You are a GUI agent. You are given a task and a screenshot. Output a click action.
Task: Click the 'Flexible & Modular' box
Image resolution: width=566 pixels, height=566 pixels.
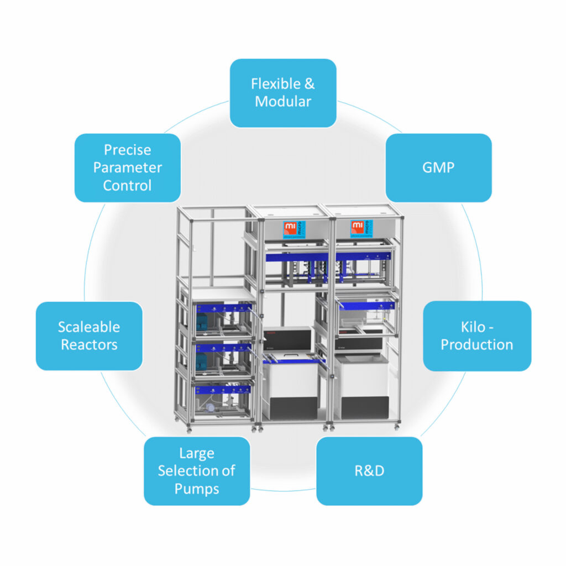(283, 93)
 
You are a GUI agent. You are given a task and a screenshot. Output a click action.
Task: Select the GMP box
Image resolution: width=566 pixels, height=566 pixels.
(438, 167)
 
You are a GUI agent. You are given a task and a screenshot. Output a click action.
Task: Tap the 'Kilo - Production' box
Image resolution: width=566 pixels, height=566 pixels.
(477, 336)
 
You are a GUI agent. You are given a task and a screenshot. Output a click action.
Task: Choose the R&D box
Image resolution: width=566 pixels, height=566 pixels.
(369, 471)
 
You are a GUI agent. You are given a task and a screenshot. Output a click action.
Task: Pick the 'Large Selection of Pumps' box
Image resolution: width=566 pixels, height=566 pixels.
(197, 471)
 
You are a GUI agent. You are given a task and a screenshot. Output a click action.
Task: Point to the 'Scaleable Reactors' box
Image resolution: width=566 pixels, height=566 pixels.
(89, 336)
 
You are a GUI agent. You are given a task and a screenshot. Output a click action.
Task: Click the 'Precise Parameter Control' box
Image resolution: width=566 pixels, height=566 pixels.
(127, 167)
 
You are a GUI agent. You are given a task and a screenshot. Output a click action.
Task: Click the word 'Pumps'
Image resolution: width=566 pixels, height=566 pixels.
(197, 489)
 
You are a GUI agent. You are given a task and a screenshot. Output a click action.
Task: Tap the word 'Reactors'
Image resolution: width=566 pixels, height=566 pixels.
(89, 345)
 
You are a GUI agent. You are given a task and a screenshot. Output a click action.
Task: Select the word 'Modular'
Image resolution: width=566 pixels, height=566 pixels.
(283, 102)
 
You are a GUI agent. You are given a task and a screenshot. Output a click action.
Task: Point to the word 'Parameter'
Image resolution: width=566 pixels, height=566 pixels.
(127, 167)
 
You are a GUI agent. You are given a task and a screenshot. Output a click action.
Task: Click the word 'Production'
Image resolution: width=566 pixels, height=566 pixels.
(477, 345)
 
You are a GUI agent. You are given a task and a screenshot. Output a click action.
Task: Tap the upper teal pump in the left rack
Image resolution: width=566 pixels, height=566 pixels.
(201, 321)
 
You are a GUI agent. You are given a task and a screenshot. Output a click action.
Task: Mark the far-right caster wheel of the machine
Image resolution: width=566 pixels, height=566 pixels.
(397, 426)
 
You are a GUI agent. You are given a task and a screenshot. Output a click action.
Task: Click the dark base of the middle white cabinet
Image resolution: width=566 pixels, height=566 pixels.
(290, 408)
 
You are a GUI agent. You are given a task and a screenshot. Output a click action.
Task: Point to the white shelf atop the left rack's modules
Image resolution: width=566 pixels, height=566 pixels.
(218, 294)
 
